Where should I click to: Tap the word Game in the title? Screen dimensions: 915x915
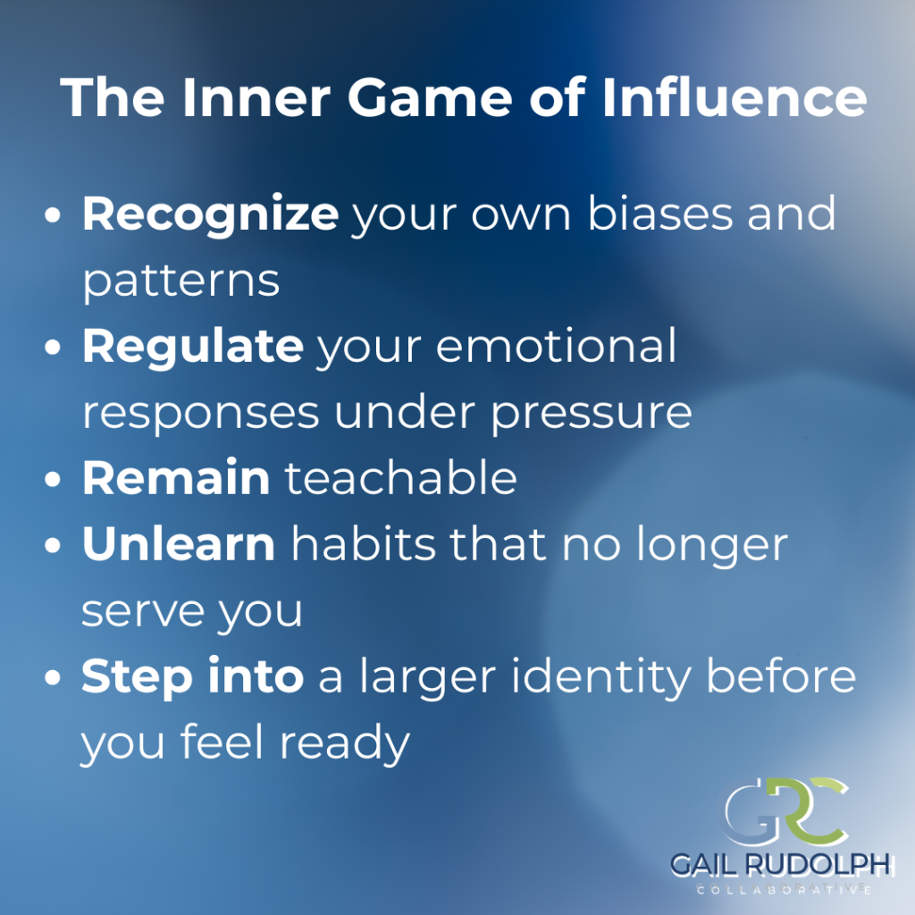pyautogui.click(x=430, y=97)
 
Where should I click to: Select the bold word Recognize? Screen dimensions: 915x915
pyautogui.click(x=210, y=214)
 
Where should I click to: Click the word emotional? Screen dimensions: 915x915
pyautogui.click(x=556, y=346)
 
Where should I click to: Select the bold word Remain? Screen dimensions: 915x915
pyautogui.click(x=176, y=478)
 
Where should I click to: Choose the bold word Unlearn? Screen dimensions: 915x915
pyautogui.click(x=179, y=543)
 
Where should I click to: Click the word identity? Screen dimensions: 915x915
pyautogui.click(x=601, y=678)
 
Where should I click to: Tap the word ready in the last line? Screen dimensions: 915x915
pyautogui.click(x=345, y=743)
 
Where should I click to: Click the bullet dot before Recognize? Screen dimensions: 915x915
pyautogui.click(x=53, y=214)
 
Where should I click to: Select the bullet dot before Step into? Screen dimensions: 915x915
pyautogui.click(x=53, y=677)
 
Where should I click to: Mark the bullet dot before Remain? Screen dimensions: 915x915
pyautogui.click(x=53, y=479)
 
